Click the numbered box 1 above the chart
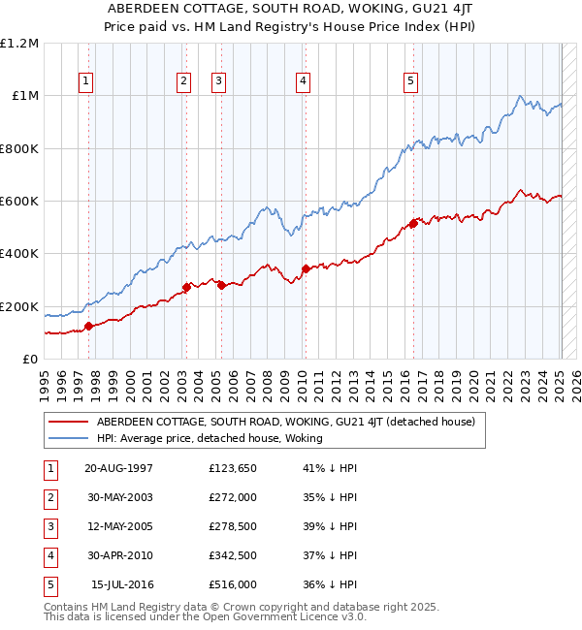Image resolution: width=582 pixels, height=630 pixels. (87, 82)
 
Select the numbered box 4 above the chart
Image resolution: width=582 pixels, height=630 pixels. (304, 82)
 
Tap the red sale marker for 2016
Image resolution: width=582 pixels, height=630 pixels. (412, 224)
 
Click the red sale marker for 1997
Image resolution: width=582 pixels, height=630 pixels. (88, 326)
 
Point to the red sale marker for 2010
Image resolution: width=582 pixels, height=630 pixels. (306, 268)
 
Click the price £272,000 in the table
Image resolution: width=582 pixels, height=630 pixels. (233, 497)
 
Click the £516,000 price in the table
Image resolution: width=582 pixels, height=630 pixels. (233, 584)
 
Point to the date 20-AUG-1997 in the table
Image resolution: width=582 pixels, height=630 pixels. (119, 468)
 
